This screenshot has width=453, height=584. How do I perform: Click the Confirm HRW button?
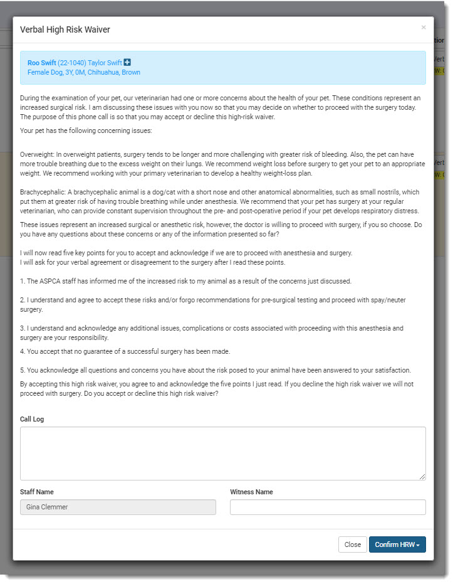pyautogui.click(x=397, y=544)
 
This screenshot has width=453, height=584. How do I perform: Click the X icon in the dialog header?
pyautogui.click(x=424, y=28)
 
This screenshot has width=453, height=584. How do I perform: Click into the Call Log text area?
pyautogui.click(x=222, y=453)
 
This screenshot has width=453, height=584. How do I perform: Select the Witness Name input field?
pyautogui.click(x=328, y=507)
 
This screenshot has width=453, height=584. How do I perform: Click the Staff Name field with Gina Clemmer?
pyautogui.click(x=118, y=507)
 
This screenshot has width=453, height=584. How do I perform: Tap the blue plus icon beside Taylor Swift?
pyautogui.click(x=127, y=62)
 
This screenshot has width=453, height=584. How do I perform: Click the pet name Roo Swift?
pyautogui.click(x=41, y=63)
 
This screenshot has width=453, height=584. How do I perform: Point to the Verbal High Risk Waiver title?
pyautogui.click(x=65, y=29)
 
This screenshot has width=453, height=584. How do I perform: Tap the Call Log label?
pyautogui.click(x=32, y=419)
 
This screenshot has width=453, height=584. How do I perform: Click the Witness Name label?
pyautogui.click(x=251, y=492)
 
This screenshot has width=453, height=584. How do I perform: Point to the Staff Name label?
pyautogui.click(x=37, y=492)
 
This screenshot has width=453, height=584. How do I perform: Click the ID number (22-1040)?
pyautogui.click(x=71, y=63)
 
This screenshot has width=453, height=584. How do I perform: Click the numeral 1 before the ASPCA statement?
pyautogui.click(x=22, y=280)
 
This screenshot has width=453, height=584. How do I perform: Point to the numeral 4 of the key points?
pyautogui.click(x=22, y=351)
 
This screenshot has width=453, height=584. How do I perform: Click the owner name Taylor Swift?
pyautogui.click(x=105, y=63)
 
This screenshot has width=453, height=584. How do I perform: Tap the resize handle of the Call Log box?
pyautogui.click(x=422, y=477)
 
